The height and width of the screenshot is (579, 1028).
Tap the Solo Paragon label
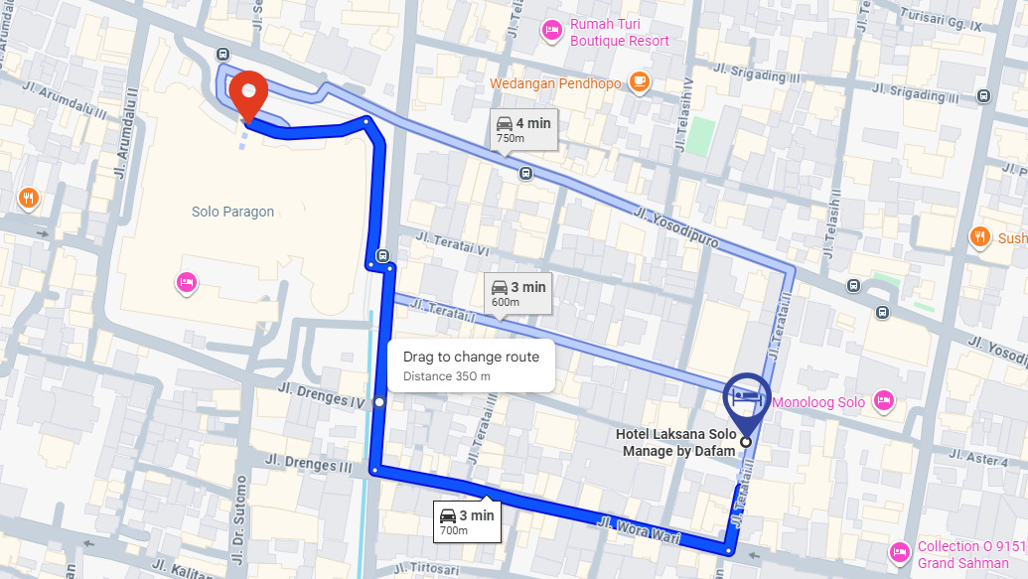[232, 212]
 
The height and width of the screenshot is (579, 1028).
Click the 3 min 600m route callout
[517, 293]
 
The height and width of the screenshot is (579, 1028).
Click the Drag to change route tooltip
[471, 365]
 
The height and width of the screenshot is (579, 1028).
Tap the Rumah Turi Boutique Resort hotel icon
[552, 32]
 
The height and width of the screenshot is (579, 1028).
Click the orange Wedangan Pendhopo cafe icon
[639, 83]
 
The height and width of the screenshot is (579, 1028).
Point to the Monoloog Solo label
[816, 402]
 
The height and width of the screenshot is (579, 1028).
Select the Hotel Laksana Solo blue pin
[745, 395]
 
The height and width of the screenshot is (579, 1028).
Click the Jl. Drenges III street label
[318, 464]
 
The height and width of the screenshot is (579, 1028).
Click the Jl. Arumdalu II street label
[125, 135]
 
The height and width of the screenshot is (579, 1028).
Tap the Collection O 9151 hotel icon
[900, 551]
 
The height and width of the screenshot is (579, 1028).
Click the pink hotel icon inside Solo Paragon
[186, 283]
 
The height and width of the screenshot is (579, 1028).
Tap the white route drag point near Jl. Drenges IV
[379, 402]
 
